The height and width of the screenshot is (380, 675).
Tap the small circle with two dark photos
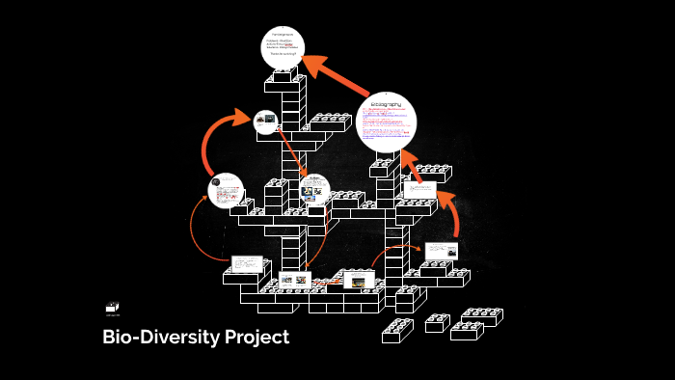click(x=266, y=122)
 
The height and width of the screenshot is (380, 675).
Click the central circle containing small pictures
click(x=314, y=190)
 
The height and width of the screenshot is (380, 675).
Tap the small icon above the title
click(x=113, y=308)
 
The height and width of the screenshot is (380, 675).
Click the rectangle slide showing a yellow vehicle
click(x=359, y=280)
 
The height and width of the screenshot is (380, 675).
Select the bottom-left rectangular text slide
click(x=248, y=263)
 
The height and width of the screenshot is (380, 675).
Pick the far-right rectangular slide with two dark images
click(x=441, y=251)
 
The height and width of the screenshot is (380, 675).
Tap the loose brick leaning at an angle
click(x=397, y=330)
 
